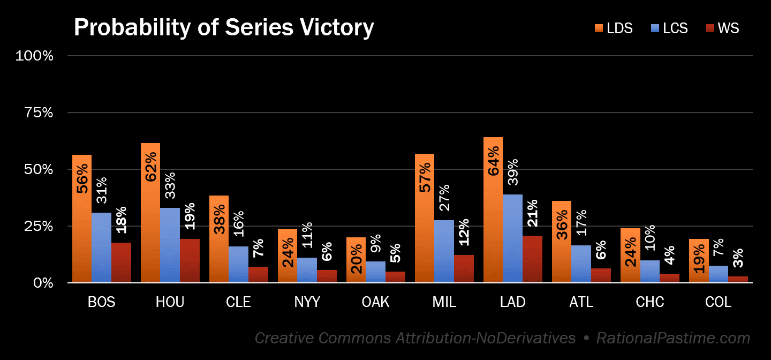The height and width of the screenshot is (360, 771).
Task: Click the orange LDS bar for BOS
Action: [82, 219]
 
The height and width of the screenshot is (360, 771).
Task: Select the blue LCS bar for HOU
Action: [170, 245]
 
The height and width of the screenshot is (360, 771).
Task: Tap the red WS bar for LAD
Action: [532, 259]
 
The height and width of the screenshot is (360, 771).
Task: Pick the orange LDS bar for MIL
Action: [425, 218]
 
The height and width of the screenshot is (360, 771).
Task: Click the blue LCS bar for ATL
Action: [581, 264]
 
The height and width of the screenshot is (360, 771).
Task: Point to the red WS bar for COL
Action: [738, 280]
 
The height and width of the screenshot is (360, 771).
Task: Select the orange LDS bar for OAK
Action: [356, 260]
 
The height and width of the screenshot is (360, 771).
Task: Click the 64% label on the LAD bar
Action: [494, 161]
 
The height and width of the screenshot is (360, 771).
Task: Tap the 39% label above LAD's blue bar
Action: [512, 172]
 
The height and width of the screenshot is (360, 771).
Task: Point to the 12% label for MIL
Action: [464, 232]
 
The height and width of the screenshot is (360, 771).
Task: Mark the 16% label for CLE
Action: [238, 223]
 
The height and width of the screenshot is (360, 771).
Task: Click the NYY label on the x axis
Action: [307, 302]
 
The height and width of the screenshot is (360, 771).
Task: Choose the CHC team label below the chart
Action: [650, 302]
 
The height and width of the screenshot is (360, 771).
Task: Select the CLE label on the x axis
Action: [238, 302]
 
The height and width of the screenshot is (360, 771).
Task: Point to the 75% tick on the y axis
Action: [39, 112]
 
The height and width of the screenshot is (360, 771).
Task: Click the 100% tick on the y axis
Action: [34, 56]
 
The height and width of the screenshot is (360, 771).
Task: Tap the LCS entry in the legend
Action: [669, 28]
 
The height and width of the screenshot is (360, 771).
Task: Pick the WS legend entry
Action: [722, 28]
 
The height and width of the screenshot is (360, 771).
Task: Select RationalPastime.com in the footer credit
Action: [673, 338]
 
